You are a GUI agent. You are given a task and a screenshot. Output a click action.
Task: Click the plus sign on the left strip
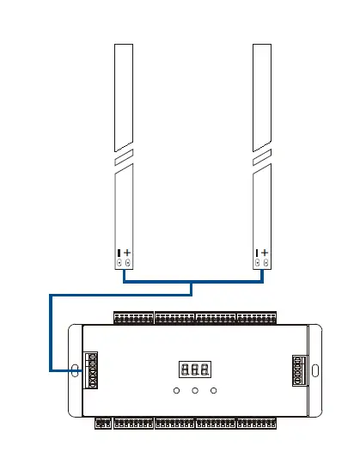(x=128, y=253)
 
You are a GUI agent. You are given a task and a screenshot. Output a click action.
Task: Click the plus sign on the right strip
(x=265, y=253)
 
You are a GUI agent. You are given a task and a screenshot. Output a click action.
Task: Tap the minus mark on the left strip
(x=119, y=253)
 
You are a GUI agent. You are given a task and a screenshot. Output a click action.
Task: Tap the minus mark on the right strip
(x=257, y=253)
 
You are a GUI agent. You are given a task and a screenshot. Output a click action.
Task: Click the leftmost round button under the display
(x=176, y=392)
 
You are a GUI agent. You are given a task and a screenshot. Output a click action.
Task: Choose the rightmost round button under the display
(x=214, y=392)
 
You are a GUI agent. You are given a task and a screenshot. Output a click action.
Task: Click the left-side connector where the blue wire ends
(x=90, y=371)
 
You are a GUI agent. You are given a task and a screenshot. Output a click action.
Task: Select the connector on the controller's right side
(x=300, y=371)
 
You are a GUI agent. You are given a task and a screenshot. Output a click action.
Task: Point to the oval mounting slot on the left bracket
(x=74, y=371)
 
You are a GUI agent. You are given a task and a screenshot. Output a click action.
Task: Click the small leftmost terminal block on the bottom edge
(x=102, y=423)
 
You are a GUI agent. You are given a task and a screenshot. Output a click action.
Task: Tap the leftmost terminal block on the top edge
(x=133, y=318)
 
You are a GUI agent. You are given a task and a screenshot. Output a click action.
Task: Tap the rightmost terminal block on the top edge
(x=256, y=318)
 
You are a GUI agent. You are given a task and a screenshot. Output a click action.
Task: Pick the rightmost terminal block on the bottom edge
(x=256, y=423)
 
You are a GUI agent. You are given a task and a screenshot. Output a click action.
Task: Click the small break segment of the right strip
(x=262, y=156)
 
